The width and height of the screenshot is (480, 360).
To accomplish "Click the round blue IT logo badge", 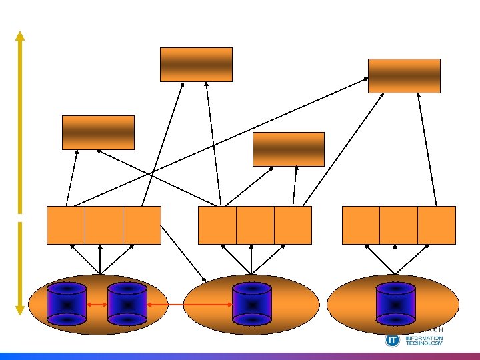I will [x=392, y=340].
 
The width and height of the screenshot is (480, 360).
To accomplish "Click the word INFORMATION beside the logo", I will [x=424, y=338].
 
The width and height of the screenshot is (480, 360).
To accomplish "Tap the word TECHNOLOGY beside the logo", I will [x=424, y=343].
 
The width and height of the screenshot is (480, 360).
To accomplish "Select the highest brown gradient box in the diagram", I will [x=196, y=64].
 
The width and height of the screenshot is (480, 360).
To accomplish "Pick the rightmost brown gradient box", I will [x=405, y=75].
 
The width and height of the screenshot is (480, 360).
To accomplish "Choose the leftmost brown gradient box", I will [x=98, y=132].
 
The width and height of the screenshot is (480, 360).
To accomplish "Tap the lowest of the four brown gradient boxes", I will [x=289, y=149].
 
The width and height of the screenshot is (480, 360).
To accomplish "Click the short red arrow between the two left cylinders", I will [x=97, y=305].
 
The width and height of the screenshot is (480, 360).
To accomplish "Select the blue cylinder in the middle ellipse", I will [x=251, y=304].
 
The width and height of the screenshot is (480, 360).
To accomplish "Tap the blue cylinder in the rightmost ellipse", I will [x=396, y=304].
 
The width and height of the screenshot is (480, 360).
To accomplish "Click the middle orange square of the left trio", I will [x=104, y=225].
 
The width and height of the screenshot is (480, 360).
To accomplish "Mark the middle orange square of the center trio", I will [x=255, y=225].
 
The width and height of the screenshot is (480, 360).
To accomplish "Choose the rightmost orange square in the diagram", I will [x=437, y=225].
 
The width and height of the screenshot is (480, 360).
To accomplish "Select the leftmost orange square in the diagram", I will [x=66, y=225].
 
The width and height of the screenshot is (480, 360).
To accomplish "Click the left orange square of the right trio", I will [x=361, y=225].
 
